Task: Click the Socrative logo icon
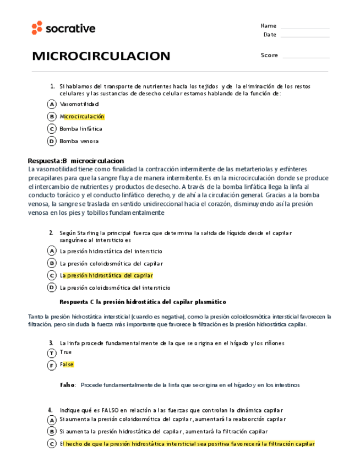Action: click(37, 28)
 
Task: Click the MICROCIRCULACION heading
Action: click(101, 56)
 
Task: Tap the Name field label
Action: click(268, 26)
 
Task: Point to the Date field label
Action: click(270, 35)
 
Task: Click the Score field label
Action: click(269, 55)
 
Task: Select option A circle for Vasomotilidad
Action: click(52, 104)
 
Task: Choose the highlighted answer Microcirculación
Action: click(82, 117)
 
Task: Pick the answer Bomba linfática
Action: click(81, 129)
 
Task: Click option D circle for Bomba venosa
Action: click(52, 142)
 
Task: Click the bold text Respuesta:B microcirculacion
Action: click(76, 160)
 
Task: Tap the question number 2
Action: click(51, 233)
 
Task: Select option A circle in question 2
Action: click(52, 251)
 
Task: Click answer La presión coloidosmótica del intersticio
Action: click(115, 287)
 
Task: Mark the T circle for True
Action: click(52, 352)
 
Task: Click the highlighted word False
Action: click(67, 365)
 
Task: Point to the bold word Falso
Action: click(67, 385)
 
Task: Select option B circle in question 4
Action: click(52, 432)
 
